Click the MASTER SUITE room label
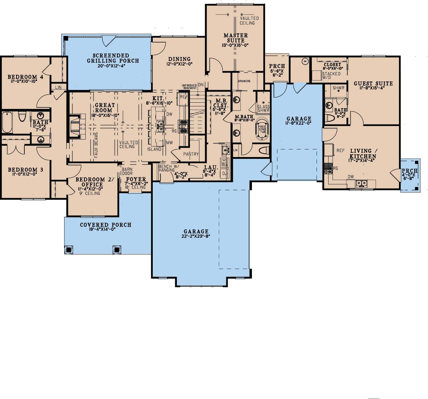(x=235, y=38)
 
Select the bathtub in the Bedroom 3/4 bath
(x=7, y=122)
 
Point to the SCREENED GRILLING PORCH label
(x=113, y=58)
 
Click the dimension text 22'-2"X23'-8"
(x=196, y=236)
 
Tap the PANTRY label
(x=191, y=154)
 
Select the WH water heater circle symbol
(x=305, y=61)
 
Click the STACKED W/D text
(x=331, y=76)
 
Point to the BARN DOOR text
(x=127, y=171)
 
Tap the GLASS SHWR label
(x=263, y=108)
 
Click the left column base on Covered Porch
(x=69, y=249)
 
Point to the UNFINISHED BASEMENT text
(x=189, y=86)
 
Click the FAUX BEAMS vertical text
(x=96, y=145)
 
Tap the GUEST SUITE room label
(x=373, y=84)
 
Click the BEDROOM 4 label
(x=25, y=77)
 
